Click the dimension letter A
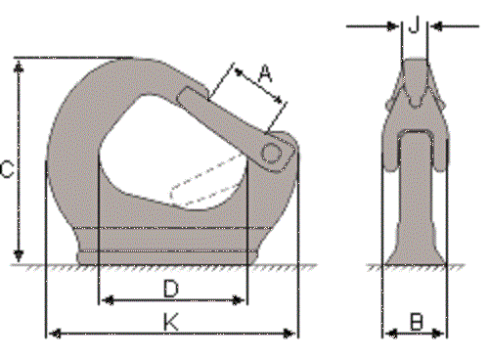point(265,73)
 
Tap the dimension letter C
point(7,169)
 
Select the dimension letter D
point(171,288)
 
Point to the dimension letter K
point(171,322)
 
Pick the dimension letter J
point(414,24)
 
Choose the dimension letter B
point(416,322)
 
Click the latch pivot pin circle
point(272,153)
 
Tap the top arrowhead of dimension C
point(19,67)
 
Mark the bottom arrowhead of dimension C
point(19,255)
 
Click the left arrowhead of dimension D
point(108,300)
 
